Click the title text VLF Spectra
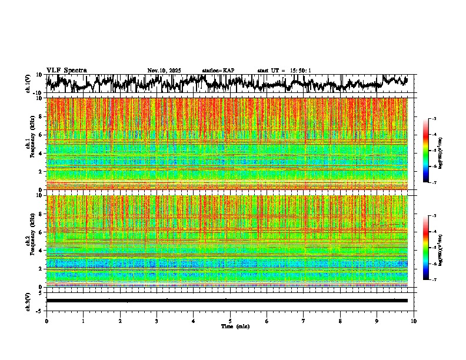click(x=66, y=71)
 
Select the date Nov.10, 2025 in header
click(x=164, y=71)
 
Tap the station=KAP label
click(x=218, y=71)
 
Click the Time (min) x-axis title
click(x=235, y=326)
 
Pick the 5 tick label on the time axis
click(x=230, y=321)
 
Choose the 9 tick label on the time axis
click(x=377, y=321)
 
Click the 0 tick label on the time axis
click(x=46, y=321)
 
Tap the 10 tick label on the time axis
click(x=414, y=321)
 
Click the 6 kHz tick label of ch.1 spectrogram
click(x=42, y=135)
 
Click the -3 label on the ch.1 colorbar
click(x=434, y=119)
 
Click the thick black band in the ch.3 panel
click(x=227, y=301)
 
